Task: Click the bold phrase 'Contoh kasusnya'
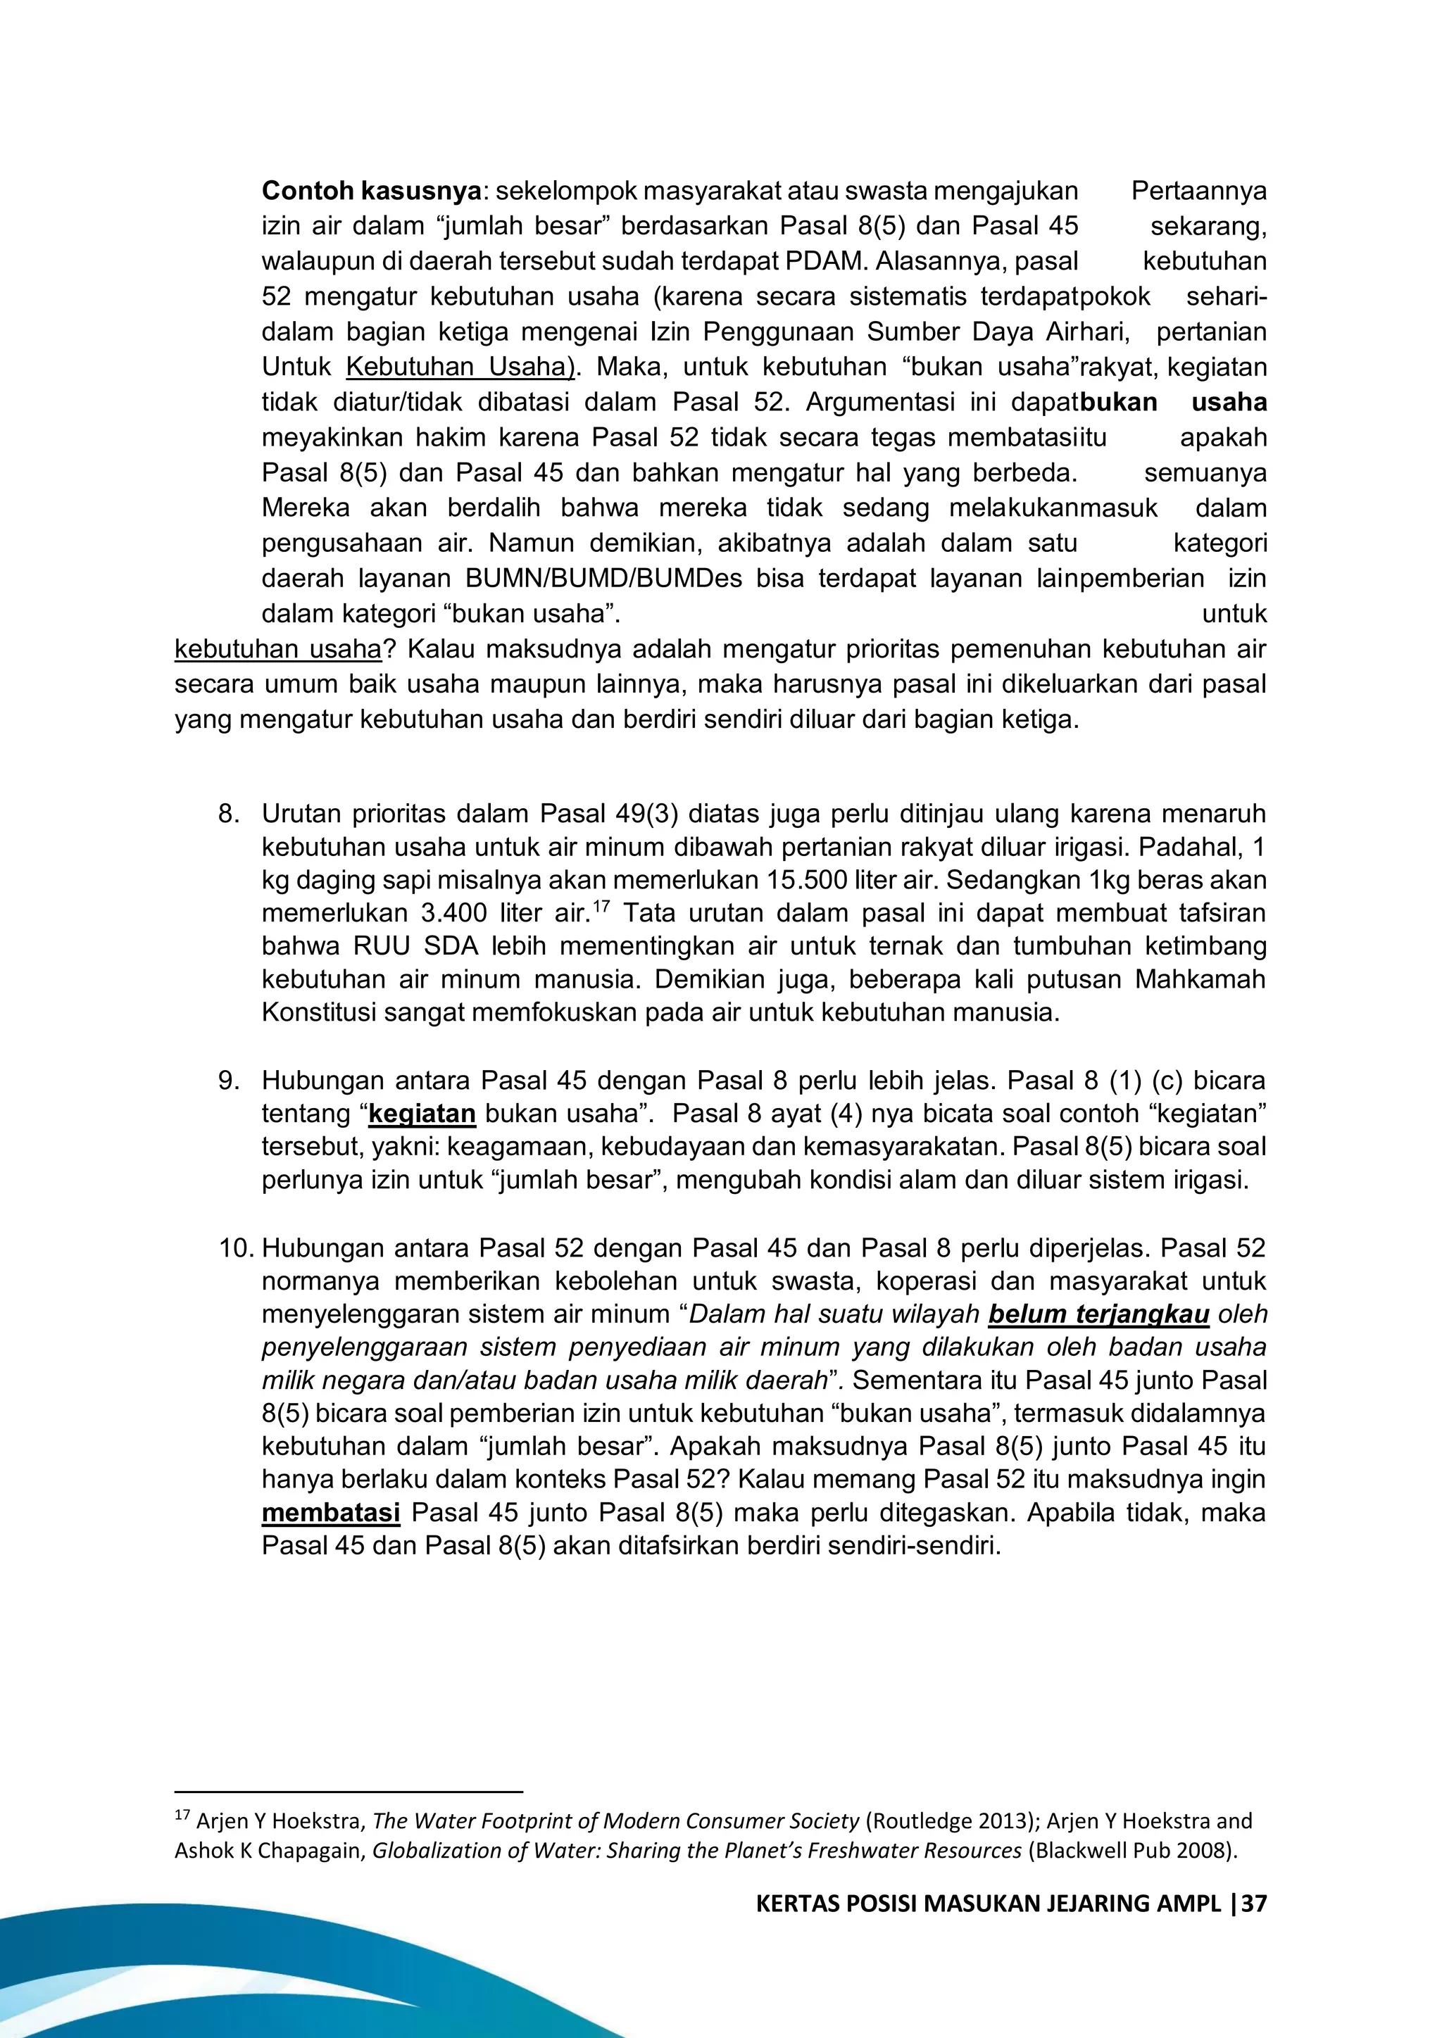pos(371,191)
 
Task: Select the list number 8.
pos(228,814)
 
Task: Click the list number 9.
pos(228,1081)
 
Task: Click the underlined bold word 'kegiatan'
pos(422,1114)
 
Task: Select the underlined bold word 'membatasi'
pos(330,1513)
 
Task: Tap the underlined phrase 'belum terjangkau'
pos(1098,1314)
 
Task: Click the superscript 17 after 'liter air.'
pos(601,905)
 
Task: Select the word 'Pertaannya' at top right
pos(1198,191)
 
